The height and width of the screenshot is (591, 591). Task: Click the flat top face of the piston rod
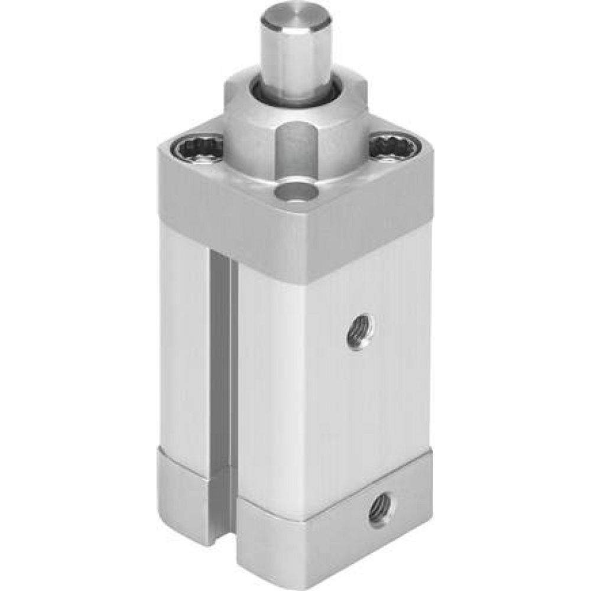pos(295,18)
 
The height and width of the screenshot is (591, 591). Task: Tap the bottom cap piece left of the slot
pos(183,496)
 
